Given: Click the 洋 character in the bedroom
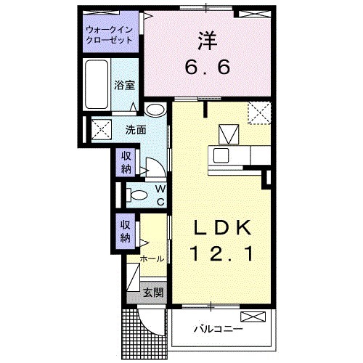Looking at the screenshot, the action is (x=208, y=41).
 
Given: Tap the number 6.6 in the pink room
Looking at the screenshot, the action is (x=208, y=67).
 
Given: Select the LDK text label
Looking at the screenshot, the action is (x=221, y=228).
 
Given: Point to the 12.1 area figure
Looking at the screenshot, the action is (x=221, y=253).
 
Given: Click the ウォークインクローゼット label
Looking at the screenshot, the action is (x=110, y=35).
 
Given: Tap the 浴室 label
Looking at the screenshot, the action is (x=124, y=86).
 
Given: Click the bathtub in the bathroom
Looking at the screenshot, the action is (x=97, y=84).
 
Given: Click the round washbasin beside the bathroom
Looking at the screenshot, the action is (x=155, y=110).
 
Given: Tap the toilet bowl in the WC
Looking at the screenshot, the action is (x=137, y=195).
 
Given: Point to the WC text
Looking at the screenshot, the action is (x=160, y=195).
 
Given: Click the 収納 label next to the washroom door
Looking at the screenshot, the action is (x=126, y=163).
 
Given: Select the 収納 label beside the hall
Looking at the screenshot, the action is (x=126, y=232).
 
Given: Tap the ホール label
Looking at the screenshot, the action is (x=152, y=259).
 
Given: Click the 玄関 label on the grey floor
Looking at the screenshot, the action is (x=153, y=293).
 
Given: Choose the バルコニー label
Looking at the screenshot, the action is (x=219, y=329).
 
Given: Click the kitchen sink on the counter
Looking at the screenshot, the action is (x=221, y=155).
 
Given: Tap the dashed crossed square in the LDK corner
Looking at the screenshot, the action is (x=259, y=113).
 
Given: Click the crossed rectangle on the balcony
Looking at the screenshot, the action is (x=253, y=317).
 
